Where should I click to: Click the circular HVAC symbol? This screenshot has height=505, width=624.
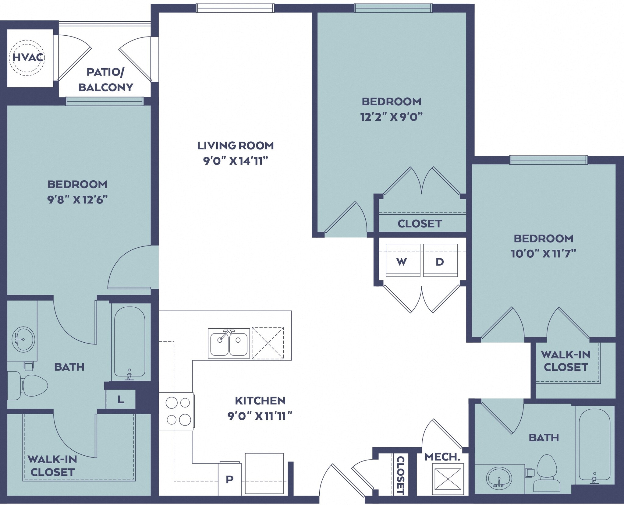point(27,58)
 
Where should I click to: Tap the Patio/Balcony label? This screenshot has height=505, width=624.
point(105,80)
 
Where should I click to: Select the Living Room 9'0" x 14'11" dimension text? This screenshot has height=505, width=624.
point(235,161)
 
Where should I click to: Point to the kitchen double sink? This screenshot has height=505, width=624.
point(229,343)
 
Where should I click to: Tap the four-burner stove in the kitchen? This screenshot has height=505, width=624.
point(176,411)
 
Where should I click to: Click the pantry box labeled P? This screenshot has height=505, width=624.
point(230,479)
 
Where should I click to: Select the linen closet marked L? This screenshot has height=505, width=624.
point(121,399)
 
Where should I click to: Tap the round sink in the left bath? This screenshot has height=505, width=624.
point(23,339)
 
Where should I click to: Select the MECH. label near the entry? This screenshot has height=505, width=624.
point(442,457)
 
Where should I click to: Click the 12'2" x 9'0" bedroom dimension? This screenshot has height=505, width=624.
point(392,117)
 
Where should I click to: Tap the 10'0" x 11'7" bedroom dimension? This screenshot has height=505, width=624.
point(543,254)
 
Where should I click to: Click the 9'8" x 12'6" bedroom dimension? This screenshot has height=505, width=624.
point(77,200)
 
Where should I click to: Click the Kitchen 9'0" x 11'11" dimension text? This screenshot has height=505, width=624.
point(260,416)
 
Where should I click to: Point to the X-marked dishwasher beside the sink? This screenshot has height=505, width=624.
point(268,343)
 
